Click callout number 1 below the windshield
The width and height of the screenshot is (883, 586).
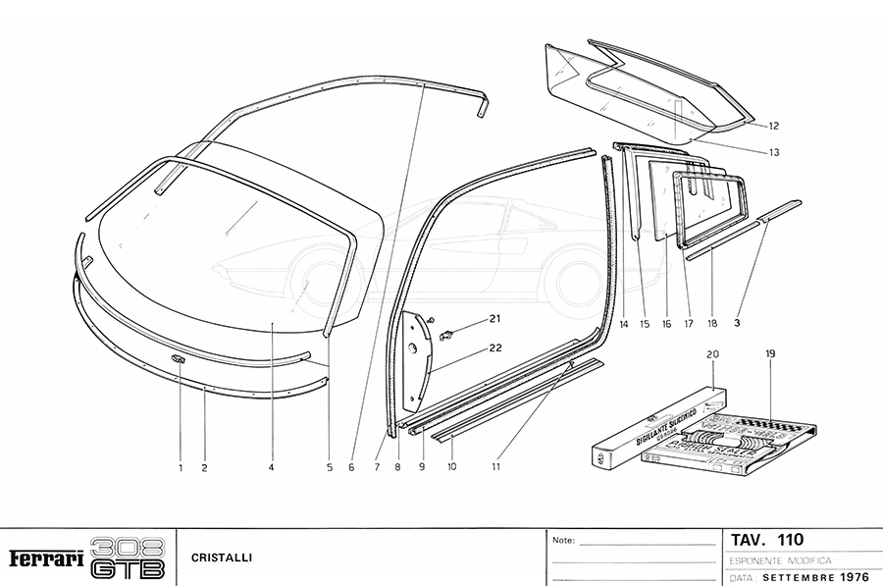click(181, 468)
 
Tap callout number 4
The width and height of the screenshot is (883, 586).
click(271, 468)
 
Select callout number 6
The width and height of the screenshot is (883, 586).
click(350, 468)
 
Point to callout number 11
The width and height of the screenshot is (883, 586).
click(496, 468)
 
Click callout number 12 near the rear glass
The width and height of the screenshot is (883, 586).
click(774, 126)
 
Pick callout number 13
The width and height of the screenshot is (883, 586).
click(774, 152)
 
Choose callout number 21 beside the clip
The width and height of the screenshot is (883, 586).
click(494, 318)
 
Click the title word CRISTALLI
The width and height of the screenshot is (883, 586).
click(222, 558)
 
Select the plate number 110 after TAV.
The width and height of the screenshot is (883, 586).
click(790, 539)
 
